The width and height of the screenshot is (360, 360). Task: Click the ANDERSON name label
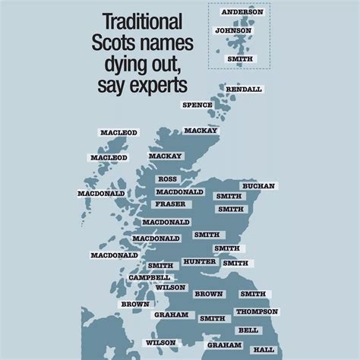(242, 12)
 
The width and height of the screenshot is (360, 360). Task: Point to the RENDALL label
(244, 89)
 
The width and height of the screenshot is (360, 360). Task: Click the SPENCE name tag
(197, 105)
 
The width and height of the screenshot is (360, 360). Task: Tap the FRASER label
(169, 204)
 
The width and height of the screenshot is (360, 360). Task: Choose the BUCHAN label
(258, 186)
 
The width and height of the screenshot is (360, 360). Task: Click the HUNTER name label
(199, 261)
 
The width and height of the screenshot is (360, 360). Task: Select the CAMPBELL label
(150, 277)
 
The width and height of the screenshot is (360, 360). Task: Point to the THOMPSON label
(257, 311)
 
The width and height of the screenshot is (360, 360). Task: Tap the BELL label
(248, 330)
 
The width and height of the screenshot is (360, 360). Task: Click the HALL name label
(264, 349)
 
